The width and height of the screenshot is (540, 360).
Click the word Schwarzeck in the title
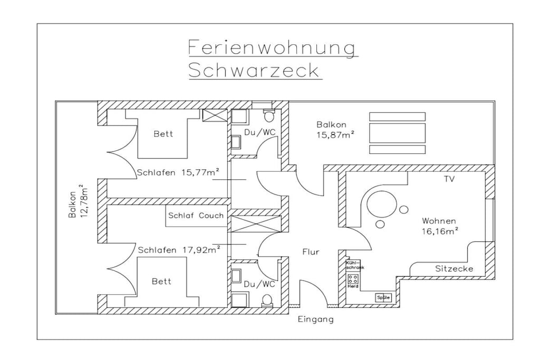click(255, 71)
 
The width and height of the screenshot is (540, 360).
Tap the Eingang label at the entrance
click(316, 319)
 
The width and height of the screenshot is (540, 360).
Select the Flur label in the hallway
click(311, 252)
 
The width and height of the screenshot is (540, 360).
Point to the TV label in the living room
click(449, 179)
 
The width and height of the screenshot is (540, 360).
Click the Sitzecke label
click(454, 269)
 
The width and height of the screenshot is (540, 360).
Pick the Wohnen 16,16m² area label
click(440, 226)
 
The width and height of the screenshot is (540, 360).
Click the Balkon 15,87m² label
click(335, 130)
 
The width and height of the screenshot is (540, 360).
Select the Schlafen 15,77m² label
click(178, 172)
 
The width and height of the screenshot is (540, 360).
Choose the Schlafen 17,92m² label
click(179, 249)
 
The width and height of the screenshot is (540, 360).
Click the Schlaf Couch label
click(196, 216)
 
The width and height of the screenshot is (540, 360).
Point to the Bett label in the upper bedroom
click(163, 134)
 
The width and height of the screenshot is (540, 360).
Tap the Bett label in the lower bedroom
click(161, 281)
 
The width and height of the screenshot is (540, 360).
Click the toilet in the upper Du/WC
click(268, 115)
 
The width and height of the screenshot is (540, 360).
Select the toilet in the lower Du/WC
click(267, 300)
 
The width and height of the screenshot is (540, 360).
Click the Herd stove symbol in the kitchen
click(353, 279)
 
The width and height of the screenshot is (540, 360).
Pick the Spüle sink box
click(383, 297)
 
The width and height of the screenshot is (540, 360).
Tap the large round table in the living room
click(381, 204)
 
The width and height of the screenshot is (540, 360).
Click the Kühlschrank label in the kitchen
click(355, 265)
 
